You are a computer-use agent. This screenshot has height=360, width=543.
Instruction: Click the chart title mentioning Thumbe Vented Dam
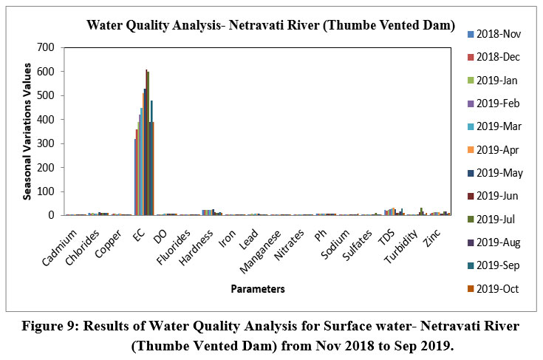pos(270,24)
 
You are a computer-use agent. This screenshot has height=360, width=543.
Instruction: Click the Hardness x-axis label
pos(199,238)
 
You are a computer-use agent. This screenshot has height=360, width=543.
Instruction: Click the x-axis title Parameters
pos(258,288)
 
